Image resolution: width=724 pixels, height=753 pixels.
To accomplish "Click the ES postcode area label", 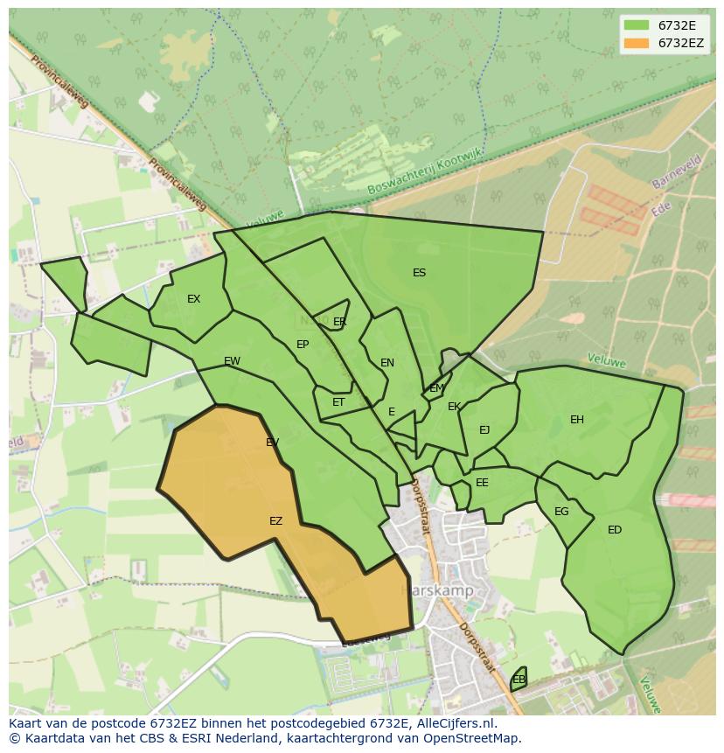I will [419, 273].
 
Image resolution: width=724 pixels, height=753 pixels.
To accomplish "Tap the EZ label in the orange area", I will [275, 521].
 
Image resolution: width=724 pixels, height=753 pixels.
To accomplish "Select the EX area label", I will [193, 299].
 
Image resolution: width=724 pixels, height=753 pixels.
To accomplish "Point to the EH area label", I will [576, 420].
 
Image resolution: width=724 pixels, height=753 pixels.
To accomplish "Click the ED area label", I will [615, 530].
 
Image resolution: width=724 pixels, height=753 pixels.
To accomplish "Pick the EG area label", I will [561, 512].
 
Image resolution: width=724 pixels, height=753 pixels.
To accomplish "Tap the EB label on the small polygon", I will [519, 680].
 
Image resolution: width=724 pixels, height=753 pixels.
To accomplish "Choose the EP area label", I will [303, 345].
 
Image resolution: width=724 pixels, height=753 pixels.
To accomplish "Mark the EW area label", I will [232, 361].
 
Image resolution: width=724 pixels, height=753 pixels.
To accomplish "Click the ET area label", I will [338, 403].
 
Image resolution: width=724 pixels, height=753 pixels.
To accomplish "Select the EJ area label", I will [484, 430].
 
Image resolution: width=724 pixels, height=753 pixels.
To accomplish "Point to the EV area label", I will [272, 443].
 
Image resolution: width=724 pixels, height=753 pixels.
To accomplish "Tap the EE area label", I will [482, 483].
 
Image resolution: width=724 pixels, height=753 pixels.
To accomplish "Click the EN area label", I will [387, 363].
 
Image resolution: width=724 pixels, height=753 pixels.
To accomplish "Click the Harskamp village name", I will [437, 590].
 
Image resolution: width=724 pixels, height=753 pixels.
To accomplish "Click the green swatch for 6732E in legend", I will [636, 25].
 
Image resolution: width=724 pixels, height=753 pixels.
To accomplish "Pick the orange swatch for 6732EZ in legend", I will [636, 43].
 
